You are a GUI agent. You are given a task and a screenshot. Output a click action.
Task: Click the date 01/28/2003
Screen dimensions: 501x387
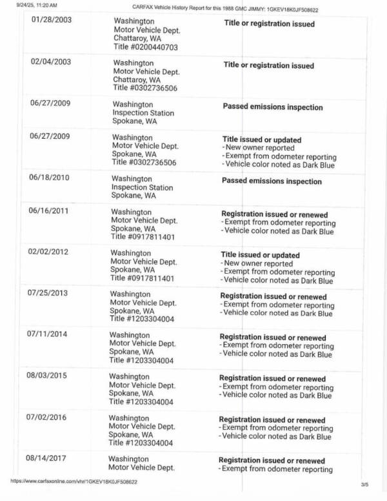coord(52,20)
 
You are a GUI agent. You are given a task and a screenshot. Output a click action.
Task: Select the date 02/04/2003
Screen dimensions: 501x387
coord(51,62)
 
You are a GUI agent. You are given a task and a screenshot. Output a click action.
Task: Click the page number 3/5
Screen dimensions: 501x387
coord(365,484)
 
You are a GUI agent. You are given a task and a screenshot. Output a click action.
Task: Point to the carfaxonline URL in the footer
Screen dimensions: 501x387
coord(74,481)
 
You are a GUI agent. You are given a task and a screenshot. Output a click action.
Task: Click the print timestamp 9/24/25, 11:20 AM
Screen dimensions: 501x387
coord(33,5)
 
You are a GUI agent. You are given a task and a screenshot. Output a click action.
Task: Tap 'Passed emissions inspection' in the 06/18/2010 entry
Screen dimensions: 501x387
coord(272,181)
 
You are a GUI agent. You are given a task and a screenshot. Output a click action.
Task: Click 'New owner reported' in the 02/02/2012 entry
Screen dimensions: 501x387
coord(257,263)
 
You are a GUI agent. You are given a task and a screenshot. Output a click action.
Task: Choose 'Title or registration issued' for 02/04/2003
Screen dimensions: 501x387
coord(269,65)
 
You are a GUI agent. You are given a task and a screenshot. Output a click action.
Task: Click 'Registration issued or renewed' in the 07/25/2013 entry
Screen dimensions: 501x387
coord(273,297)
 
